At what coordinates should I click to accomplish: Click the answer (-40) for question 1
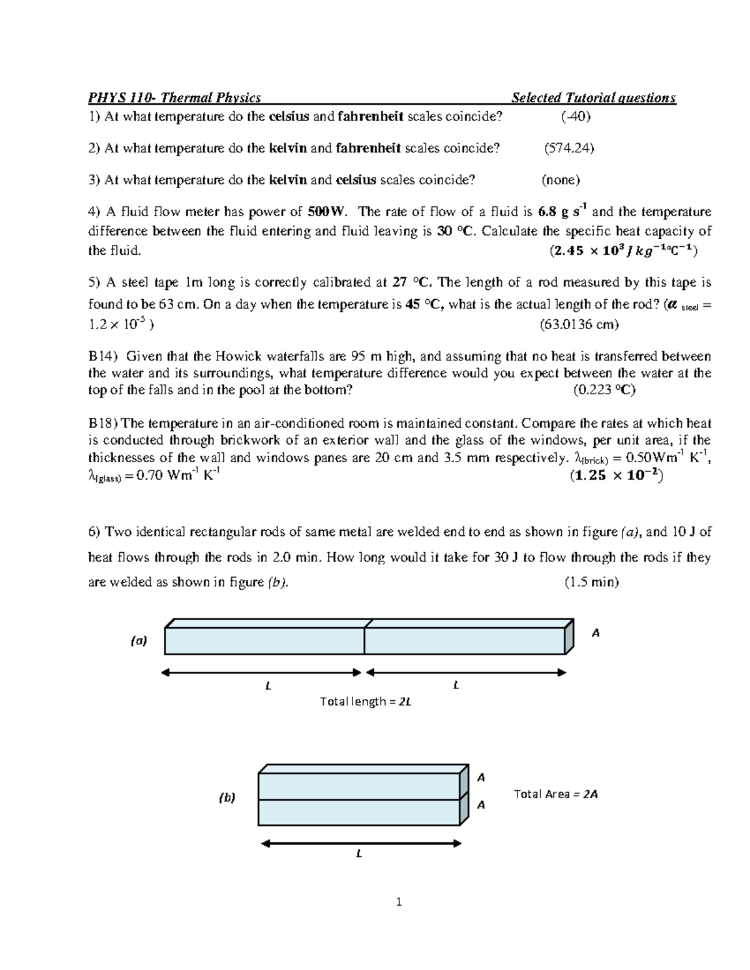[x=576, y=117]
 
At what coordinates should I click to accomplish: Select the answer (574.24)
[x=569, y=148]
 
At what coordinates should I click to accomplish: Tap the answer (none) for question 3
[x=561, y=181]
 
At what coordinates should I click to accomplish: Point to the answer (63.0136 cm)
[x=579, y=325]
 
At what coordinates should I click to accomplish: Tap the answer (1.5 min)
[x=591, y=582]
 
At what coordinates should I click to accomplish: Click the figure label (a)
[x=139, y=641]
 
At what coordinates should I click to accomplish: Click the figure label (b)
[x=227, y=798]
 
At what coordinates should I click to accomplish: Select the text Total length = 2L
[x=366, y=701]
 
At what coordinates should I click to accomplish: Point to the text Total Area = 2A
[x=556, y=794]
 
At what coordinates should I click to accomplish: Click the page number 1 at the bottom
[x=399, y=901]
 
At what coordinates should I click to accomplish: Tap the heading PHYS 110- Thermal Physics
[x=174, y=97]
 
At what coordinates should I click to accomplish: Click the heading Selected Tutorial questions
[x=593, y=97]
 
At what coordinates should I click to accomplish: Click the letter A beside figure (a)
[x=596, y=633]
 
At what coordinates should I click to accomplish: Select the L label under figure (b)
[x=359, y=854]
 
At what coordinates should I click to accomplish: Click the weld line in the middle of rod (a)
[x=364, y=640]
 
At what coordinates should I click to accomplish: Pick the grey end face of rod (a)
[x=569, y=637]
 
